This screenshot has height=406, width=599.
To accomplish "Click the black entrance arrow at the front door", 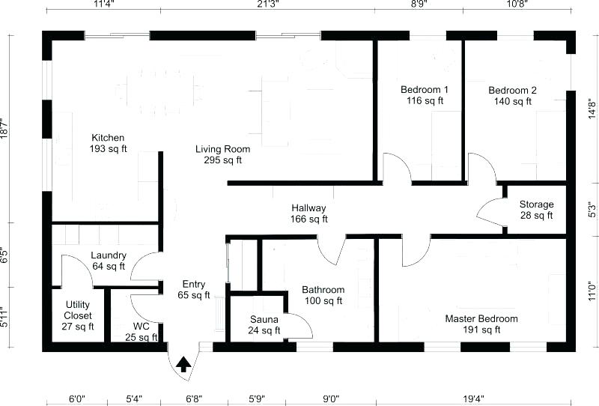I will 183,364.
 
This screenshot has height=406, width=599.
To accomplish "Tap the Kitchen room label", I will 108,143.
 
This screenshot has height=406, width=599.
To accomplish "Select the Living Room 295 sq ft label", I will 223,154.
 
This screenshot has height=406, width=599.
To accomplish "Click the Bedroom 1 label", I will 425,95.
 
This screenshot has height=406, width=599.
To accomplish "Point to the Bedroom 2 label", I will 512,96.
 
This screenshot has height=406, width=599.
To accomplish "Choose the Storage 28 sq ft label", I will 536,210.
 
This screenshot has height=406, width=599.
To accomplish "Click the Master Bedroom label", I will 481,324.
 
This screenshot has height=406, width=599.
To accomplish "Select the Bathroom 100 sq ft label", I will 323,295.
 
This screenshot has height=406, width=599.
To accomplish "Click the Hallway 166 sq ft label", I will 308,213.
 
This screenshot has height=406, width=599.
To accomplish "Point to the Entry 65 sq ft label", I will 193,289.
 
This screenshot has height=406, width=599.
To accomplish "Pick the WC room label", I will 142,332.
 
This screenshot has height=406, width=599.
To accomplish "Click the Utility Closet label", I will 78,315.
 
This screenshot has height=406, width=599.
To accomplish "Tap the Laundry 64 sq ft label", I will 108,260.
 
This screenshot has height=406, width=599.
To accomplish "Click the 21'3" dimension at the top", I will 268,4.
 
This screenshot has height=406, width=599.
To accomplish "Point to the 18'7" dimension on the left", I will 5,128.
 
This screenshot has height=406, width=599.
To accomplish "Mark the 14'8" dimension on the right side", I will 592,109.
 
